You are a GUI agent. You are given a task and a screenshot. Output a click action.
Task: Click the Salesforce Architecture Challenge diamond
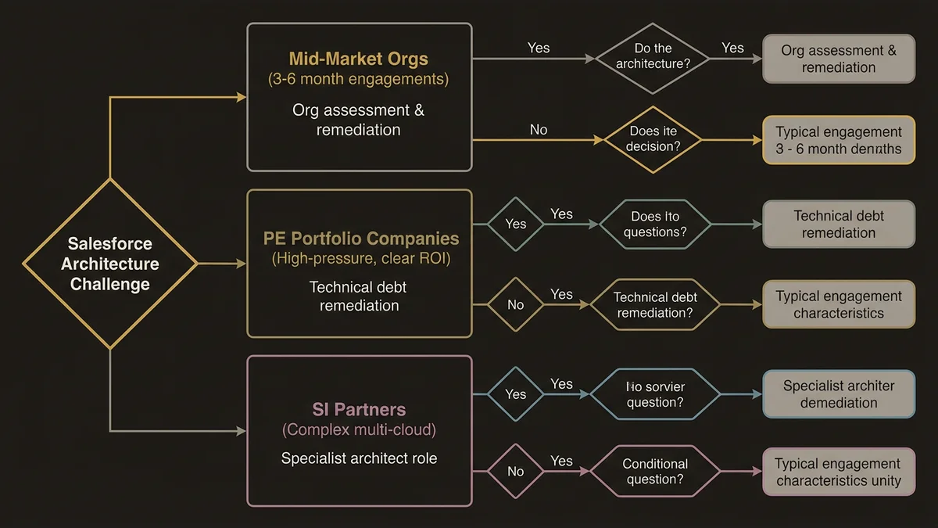pos(110,264)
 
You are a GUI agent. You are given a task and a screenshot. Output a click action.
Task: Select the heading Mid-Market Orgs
pos(359,59)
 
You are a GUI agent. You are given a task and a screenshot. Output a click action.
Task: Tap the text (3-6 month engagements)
pos(359,79)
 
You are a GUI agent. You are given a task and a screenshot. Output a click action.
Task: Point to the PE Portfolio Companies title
pos(360,239)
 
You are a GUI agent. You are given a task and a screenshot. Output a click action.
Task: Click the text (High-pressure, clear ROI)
pos(360,258)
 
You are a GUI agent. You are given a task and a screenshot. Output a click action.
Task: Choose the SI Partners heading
pos(359,409)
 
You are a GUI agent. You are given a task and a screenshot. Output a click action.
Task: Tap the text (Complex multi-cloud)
pos(359,429)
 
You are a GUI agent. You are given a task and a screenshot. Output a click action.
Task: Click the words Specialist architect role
pos(359,458)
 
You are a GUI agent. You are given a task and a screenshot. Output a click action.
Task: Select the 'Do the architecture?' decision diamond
pos(653,57)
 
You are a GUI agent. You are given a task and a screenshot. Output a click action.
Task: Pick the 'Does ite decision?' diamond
pos(652,138)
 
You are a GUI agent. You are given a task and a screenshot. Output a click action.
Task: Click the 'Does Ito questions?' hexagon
pos(655,224)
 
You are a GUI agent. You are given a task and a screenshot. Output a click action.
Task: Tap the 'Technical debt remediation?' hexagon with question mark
pos(655,305)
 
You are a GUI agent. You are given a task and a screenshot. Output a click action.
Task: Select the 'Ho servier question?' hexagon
pos(655,394)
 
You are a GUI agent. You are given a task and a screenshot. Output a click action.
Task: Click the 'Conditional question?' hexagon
pos(655,472)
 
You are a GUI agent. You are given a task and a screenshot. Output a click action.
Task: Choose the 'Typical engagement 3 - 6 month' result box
pos(839,141)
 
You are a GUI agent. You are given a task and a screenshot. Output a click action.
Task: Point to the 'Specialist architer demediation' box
pos(839,394)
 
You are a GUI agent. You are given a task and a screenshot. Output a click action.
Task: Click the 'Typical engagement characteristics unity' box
pos(839,472)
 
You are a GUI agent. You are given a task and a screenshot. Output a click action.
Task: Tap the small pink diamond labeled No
pos(515,472)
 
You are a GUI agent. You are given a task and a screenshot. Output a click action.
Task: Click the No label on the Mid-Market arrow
pos(539,130)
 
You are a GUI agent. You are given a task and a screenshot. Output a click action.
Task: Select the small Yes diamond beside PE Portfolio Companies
pos(515,224)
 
